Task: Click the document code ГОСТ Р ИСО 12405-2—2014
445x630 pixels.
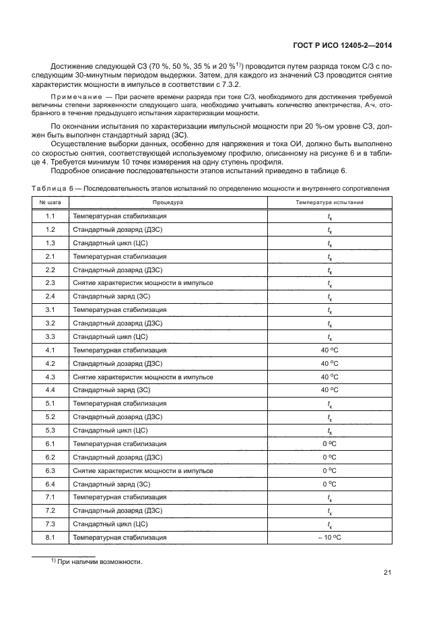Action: pyautogui.click(x=343, y=46)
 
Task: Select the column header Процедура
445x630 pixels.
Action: pyautogui.click(x=168, y=201)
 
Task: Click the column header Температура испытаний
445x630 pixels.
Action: pyautogui.click(x=329, y=201)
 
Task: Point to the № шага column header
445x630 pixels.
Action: pyautogui.click(x=50, y=201)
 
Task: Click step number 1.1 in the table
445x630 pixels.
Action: pyautogui.click(x=50, y=216)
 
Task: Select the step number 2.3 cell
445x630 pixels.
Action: pyautogui.click(x=50, y=283)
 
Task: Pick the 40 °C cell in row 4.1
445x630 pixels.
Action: pyautogui.click(x=329, y=350)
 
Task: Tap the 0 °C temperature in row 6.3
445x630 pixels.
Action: pyautogui.click(x=329, y=470)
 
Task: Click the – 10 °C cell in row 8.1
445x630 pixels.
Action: pyautogui.click(x=329, y=537)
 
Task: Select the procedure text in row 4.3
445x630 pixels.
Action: pyautogui.click(x=143, y=377)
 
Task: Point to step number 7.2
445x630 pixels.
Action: pyautogui.click(x=50, y=510)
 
